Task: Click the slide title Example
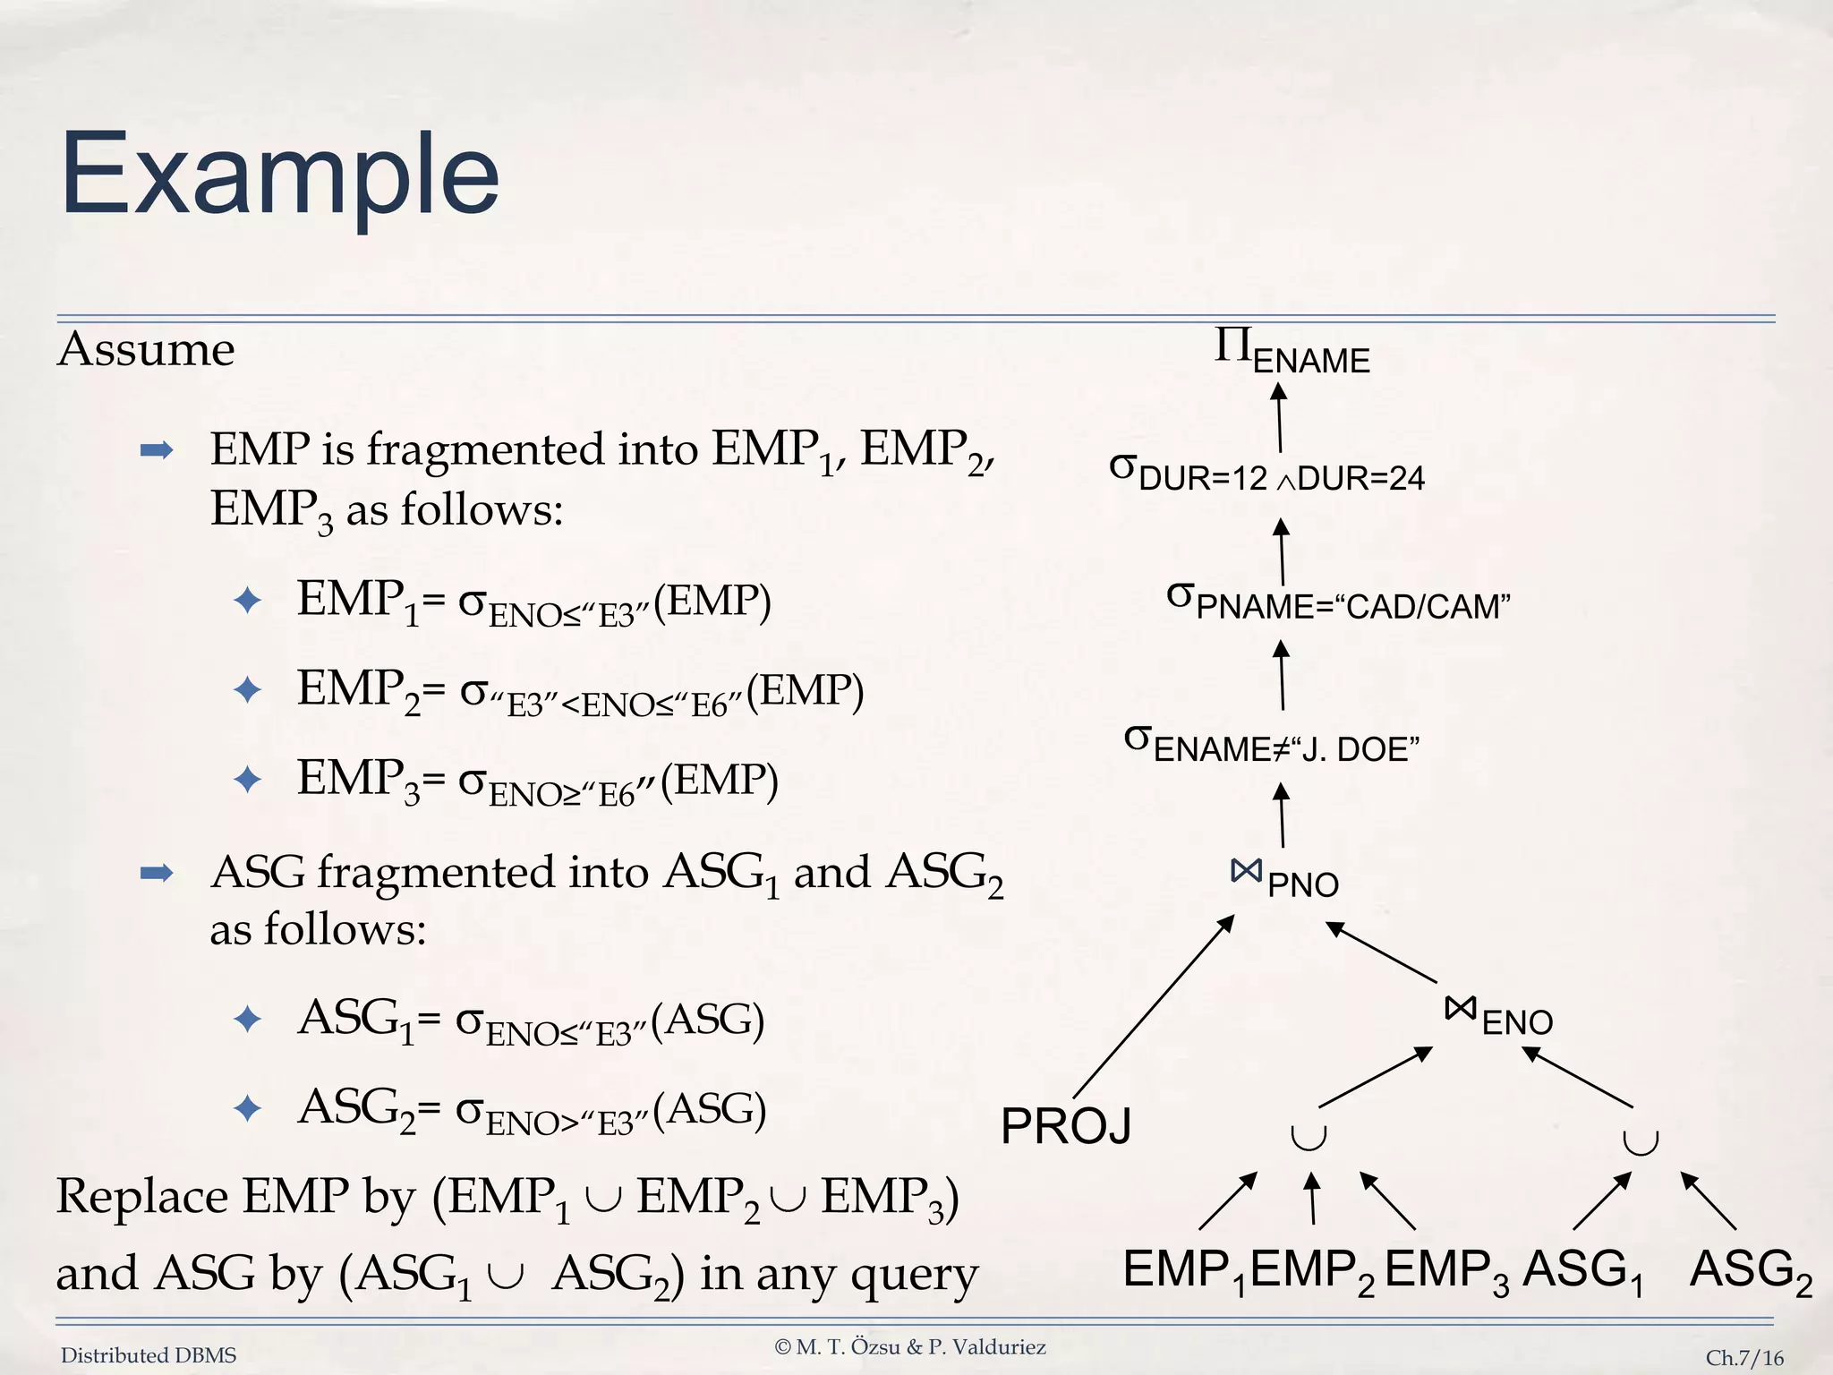coord(279,175)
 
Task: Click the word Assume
coord(146,349)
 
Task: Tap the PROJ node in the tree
coord(1066,1126)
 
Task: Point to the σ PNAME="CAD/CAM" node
coord(1339,601)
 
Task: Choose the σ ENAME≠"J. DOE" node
coord(1272,744)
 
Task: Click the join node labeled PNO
coord(1284,878)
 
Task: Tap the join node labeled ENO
coord(1498,1016)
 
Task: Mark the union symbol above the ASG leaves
coord(1641,1141)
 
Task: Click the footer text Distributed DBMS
coord(149,1355)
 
